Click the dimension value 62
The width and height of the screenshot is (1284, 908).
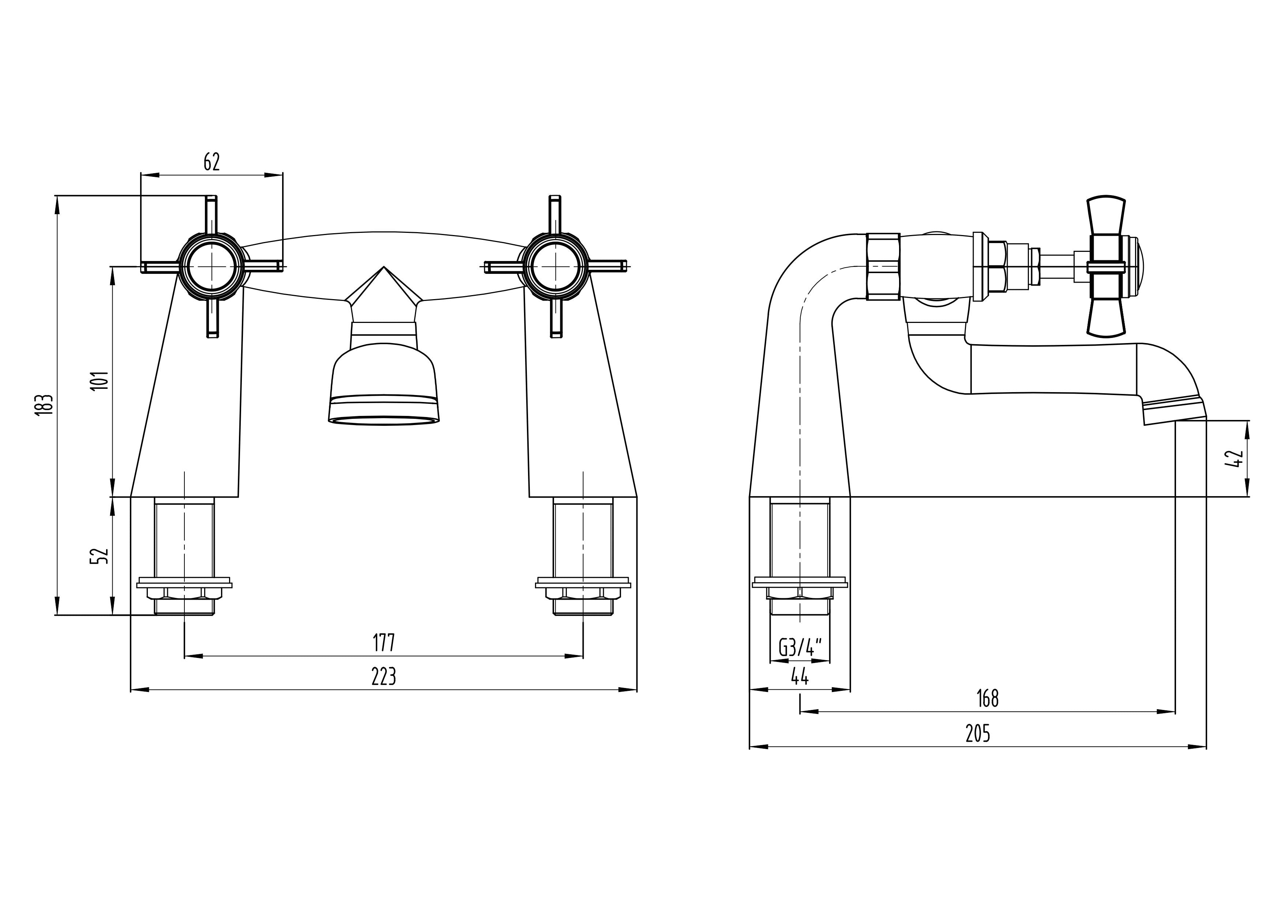click(212, 162)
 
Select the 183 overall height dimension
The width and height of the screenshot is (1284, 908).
click(46, 404)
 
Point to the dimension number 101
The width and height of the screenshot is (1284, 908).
click(100, 380)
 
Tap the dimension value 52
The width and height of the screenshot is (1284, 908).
click(100, 555)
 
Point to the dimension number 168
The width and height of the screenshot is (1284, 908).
click(987, 699)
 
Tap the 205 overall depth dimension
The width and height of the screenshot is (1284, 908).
click(977, 733)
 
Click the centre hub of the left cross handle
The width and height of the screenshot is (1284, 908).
click(212, 267)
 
